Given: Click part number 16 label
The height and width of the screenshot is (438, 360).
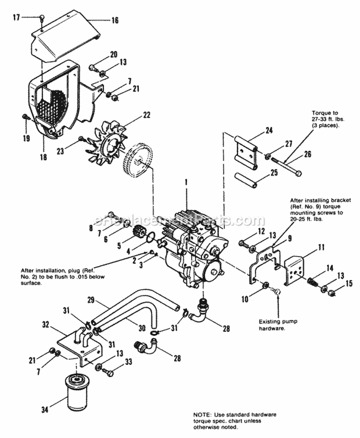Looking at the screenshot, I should coord(115,20).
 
